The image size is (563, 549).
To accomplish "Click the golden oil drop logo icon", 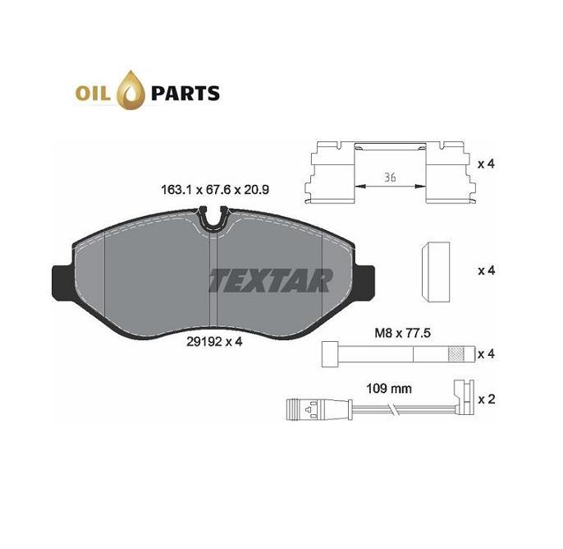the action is click(x=133, y=90).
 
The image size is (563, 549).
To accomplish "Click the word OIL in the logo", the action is click(x=93, y=94).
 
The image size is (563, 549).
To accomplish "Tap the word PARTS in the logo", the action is click(x=185, y=94).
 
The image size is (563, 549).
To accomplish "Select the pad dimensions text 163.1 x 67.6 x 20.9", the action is click(x=215, y=190).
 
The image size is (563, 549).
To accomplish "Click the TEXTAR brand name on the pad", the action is click(x=271, y=280).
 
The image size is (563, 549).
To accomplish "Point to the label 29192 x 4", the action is click(x=214, y=341).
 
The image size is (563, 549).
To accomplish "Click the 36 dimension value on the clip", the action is click(x=390, y=178).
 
